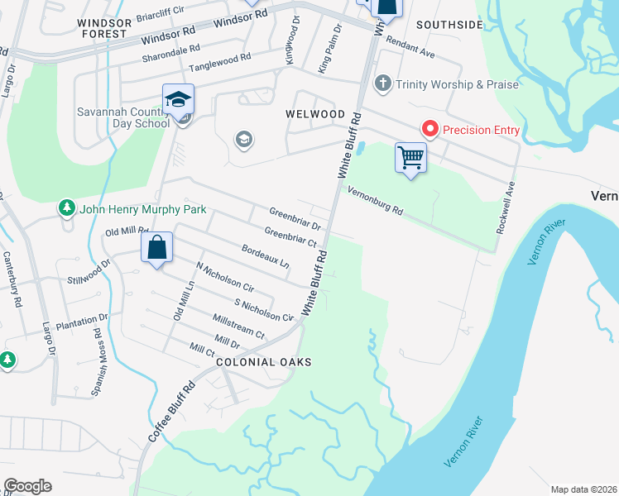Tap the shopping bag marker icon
tap(156, 246)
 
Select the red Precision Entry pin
tap(430, 129)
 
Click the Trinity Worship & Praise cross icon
tap(382, 83)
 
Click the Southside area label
tap(449, 25)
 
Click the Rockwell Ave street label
tap(506, 207)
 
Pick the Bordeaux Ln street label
tap(265, 256)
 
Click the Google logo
tap(27, 486)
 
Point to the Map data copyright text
tap(583, 489)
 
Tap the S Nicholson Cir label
tap(264, 311)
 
